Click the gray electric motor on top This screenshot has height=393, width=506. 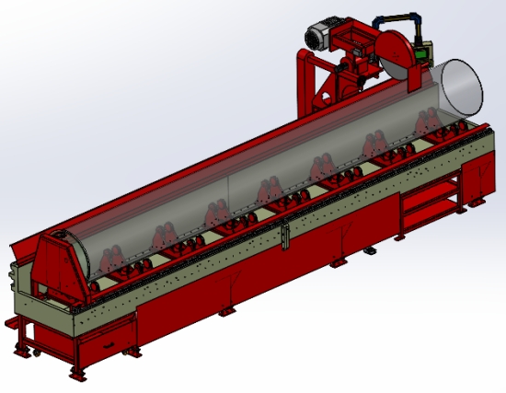tap(321, 34)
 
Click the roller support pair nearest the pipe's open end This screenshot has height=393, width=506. tap(428, 124)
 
